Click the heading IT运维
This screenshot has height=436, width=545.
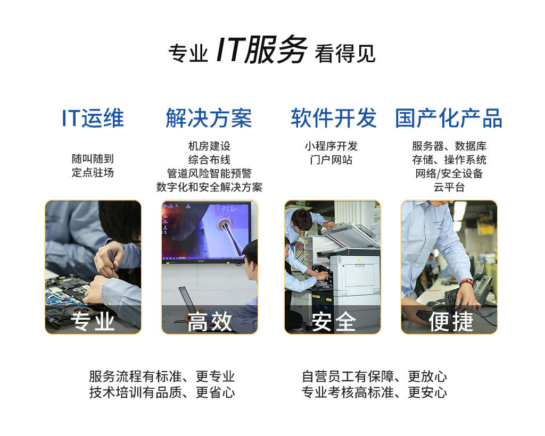tap(93, 118)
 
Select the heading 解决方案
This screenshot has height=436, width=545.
tap(209, 118)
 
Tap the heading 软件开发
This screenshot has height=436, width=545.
tap(334, 118)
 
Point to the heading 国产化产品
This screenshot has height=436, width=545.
tap(449, 118)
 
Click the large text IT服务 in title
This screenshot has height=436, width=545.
tap(261, 51)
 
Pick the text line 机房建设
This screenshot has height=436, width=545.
tap(209, 146)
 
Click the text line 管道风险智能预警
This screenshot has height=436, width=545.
tap(209, 173)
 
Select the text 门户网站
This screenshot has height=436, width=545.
tap(331, 160)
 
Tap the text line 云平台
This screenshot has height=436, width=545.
tap(449, 187)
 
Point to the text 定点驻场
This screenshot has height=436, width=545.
tap(93, 172)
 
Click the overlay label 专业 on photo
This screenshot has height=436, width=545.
tap(93, 321)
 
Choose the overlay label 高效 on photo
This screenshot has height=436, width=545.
tap(209, 321)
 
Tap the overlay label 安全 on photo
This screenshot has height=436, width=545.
tap(333, 321)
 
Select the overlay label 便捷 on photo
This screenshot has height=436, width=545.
tap(450, 321)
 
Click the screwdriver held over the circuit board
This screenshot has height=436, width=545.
tap(111, 261)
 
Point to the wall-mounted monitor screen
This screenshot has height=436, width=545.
tap(205, 231)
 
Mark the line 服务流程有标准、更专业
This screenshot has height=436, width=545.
tap(162, 376)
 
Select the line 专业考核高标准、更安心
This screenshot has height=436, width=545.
tap(374, 392)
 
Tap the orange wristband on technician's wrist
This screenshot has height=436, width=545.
tap(466, 281)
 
